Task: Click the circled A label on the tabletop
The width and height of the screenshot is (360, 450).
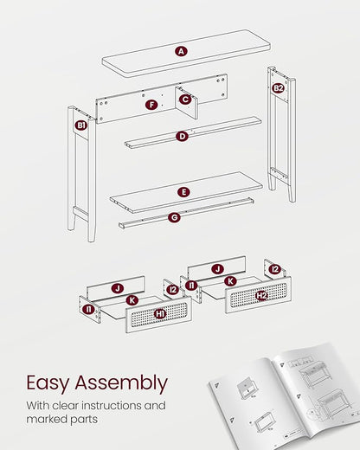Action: click(x=181, y=51)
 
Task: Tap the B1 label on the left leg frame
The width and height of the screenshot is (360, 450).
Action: click(x=81, y=125)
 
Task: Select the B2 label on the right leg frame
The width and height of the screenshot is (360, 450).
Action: click(x=278, y=88)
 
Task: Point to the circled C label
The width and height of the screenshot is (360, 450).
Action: click(x=185, y=100)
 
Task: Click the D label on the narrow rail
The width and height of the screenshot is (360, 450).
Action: click(x=182, y=136)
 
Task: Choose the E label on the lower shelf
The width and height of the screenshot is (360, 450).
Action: click(x=183, y=192)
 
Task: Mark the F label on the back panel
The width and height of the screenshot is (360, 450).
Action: click(x=151, y=105)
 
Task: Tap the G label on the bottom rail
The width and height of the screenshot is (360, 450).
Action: click(x=175, y=217)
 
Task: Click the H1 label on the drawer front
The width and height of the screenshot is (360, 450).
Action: click(x=160, y=313)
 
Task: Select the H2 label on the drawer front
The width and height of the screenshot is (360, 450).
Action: click(x=261, y=295)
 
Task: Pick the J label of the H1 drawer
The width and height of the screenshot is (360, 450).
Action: click(x=118, y=288)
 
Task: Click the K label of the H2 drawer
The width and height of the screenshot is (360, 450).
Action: click(x=230, y=281)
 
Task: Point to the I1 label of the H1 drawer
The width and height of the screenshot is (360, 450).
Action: click(x=88, y=310)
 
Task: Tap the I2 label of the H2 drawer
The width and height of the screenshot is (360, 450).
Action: click(x=275, y=269)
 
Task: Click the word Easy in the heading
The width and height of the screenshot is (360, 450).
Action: click(x=48, y=383)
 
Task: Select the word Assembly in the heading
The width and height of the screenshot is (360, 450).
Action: click(x=121, y=383)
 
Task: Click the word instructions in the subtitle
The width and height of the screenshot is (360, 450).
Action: click(x=112, y=405)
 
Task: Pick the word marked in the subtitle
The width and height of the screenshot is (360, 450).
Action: click(x=42, y=419)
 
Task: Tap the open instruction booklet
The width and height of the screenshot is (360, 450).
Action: click(x=285, y=396)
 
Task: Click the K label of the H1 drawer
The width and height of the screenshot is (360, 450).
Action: click(x=132, y=300)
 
